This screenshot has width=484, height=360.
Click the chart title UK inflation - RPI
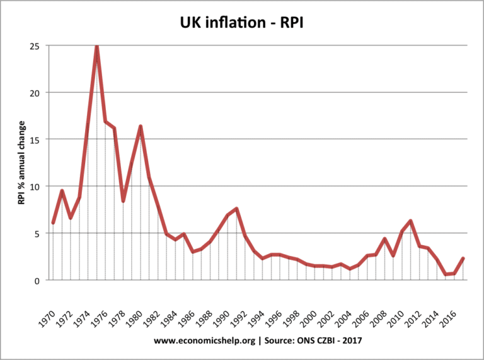(x=242, y=23)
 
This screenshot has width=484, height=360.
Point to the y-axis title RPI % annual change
(x=21, y=162)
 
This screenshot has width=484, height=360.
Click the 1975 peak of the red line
(x=97, y=46)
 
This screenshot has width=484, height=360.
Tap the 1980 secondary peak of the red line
(x=141, y=127)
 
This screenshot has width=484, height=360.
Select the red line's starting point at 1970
(x=53, y=223)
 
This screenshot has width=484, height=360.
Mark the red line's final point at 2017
(x=463, y=258)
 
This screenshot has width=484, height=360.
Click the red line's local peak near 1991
(x=236, y=209)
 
